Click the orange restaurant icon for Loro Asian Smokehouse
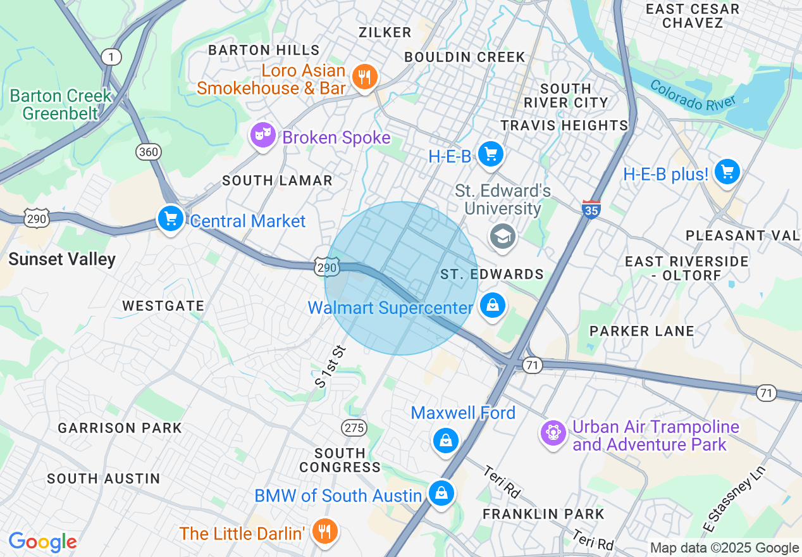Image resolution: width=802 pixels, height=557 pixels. point(364,78)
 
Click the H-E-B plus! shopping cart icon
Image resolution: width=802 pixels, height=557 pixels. point(727,172)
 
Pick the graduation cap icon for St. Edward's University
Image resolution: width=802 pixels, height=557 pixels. point(503,237)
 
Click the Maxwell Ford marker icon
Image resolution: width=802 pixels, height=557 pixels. point(446,440)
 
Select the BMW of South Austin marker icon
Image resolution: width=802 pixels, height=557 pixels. point(441,492)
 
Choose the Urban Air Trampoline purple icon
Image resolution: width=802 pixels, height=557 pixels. point(553,433)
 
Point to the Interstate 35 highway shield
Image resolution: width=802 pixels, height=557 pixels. point(591,209)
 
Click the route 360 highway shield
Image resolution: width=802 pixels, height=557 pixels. point(148,152)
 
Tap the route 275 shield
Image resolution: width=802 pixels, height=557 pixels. point(354,428)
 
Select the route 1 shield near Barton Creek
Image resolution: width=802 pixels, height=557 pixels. point(111,58)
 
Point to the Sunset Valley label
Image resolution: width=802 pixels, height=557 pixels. point(62,259)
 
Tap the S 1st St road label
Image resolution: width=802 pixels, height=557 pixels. point(331,366)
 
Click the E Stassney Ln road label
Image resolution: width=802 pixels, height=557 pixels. point(735,499)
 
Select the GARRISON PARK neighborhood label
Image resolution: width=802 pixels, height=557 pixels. point(120,429)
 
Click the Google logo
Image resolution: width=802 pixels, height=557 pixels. point(42,542)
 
